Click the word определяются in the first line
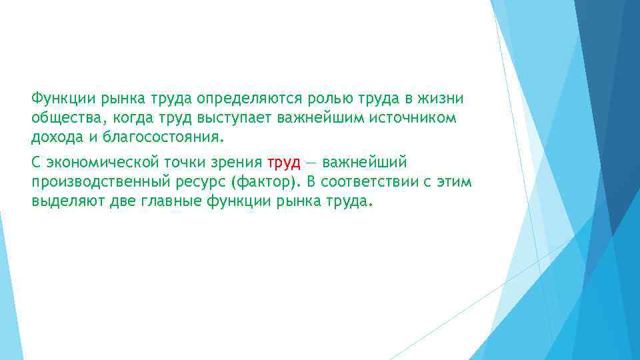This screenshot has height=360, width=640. coord(248,99)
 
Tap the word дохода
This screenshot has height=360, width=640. coord(53,138)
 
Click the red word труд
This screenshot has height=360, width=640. coord(283,163)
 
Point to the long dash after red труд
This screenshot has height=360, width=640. coord(311,163)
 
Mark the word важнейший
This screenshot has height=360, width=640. coord(364,163)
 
